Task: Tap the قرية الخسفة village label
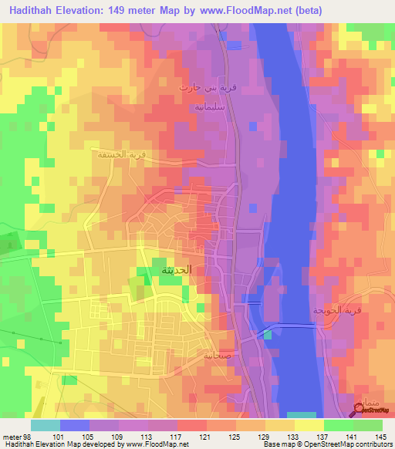click(121, 154)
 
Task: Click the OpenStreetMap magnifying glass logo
click(360, 408)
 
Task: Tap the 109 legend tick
click(118, 437)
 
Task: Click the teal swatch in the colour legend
click(46, 425)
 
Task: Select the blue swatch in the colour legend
click(75, 425)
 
